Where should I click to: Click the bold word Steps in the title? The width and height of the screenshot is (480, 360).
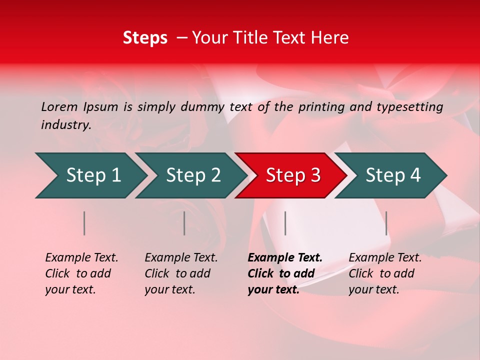145,38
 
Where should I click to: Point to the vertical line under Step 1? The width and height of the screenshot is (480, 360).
84,223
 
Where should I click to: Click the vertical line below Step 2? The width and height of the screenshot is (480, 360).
184,223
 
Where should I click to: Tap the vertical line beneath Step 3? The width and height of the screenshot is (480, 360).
285,223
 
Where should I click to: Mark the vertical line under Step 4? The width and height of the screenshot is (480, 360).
386,223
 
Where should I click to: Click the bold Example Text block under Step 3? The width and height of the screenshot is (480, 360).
284,273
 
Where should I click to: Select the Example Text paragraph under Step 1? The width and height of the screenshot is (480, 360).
81,273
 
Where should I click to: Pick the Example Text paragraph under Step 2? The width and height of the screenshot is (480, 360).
181,273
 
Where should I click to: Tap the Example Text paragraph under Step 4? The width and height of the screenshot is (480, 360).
385,273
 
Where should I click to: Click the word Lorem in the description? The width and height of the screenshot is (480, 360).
59,107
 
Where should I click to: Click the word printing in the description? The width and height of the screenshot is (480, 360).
323,107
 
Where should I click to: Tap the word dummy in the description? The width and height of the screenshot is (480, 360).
202,107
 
